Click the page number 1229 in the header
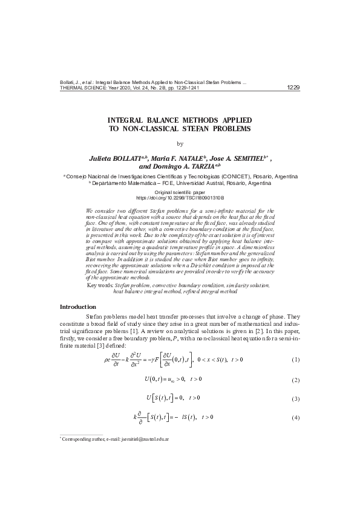click(x=292, y=88)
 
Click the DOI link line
click(x=180, y=197)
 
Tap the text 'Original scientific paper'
click(x=180, y=192)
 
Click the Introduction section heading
click(x=77, y=307)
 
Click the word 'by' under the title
click(x=179, y=144)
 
